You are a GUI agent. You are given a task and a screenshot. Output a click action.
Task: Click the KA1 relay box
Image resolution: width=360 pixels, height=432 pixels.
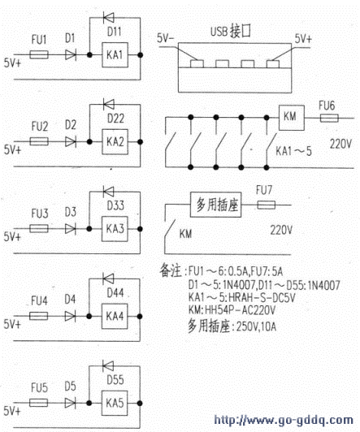coord(115,55)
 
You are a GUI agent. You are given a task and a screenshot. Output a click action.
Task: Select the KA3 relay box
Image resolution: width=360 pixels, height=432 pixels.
coord(115,229)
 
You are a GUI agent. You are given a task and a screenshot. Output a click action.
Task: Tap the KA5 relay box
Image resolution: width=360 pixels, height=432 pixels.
coord(115,403)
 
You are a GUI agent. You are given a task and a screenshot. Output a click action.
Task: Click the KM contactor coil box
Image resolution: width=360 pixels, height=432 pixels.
coord(292,118)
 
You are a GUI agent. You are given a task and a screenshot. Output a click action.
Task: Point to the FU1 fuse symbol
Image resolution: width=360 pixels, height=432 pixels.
coord(39,54)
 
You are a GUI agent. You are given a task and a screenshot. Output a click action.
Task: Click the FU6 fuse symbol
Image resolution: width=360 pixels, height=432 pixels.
coord(329,119)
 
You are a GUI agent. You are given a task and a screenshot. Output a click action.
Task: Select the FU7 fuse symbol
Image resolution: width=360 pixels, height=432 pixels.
coord(266,205)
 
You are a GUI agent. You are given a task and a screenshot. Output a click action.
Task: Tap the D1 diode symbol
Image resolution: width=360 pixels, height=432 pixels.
coord(71,54)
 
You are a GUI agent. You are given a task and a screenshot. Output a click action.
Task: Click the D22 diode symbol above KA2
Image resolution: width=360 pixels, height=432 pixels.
coord(108,105)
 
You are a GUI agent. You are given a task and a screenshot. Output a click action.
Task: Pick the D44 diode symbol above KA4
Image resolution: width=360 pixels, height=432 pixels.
coord(108,279)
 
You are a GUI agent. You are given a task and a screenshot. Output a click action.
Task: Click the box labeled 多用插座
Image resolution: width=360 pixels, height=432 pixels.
coord(216,205)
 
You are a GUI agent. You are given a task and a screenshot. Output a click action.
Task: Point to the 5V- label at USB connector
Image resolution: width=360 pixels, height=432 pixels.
coord(166,38)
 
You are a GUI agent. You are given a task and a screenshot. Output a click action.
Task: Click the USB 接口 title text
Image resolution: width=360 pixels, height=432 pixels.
coord(231,31)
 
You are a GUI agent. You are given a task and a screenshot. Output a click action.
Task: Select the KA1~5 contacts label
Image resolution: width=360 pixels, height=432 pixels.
coord(294,151)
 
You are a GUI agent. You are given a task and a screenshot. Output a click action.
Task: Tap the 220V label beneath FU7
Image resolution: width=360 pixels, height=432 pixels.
coord(281,230)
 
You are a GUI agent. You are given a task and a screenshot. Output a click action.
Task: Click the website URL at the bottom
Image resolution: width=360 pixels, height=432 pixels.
coord(284,421)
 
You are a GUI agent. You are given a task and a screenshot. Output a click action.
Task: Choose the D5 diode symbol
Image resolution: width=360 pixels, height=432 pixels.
coord(70,403)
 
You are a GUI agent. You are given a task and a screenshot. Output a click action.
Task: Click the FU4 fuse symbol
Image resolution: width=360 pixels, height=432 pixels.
coord(38,316)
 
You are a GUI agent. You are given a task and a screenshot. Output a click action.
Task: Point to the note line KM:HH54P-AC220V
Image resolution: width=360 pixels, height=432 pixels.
coord(232,310)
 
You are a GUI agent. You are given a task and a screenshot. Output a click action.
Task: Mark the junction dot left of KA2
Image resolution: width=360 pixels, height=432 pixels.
coord(89,142)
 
